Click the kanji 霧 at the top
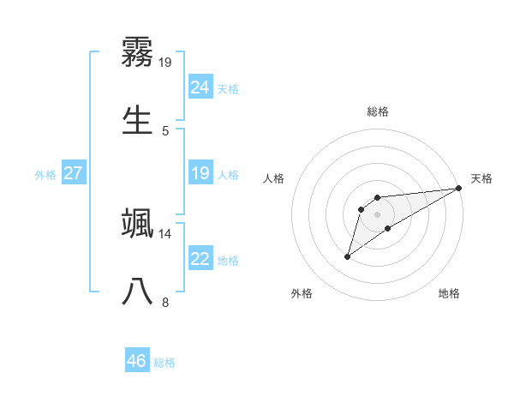138,52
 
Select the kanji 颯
138,223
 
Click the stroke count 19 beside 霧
165,63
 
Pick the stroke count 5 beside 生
165,130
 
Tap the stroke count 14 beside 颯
165,233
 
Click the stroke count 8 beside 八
165,302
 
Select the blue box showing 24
200,87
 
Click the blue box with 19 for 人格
200,174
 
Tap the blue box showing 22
200,259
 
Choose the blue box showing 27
73,174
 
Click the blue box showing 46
137,361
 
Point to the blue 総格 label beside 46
164,363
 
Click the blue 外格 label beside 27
45,175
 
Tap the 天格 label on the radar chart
481,178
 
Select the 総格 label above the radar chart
378,111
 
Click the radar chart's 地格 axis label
449,293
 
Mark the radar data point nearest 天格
458,188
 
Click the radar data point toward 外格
348,256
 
